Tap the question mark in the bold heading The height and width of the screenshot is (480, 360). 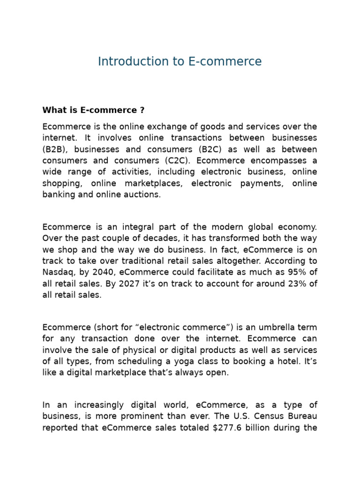click(142, 110)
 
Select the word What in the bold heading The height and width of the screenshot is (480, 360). click(52, 110)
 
